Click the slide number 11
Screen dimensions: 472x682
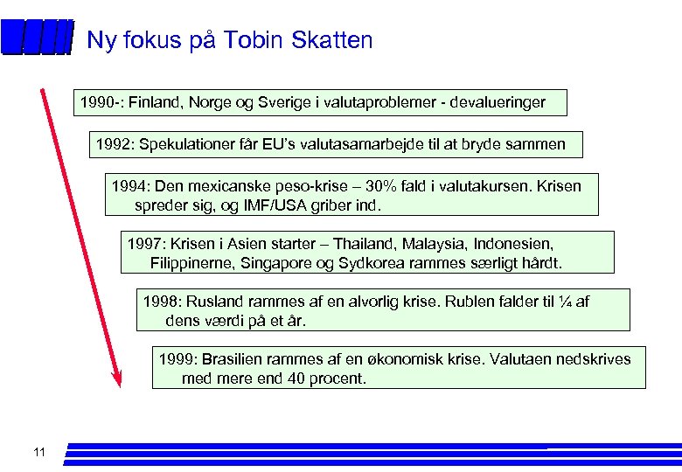pyautogui.click(x=38, y=452)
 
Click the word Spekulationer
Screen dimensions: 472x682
pyautogui.click(x=184, y=143)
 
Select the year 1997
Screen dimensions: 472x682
pyautogui.click(x=144, y=243)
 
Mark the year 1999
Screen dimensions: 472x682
pyautogui.click(x=175, y=359)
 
